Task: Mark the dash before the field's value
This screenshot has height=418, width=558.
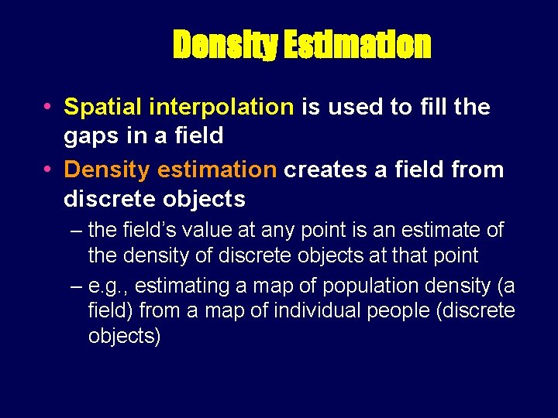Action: pyautogui.click(x=76, y=231)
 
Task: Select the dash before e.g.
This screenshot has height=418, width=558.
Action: pyautogui.click(x=76, y=286)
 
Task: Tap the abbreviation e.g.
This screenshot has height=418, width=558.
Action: pyautogui.click(x=106, y=286)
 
